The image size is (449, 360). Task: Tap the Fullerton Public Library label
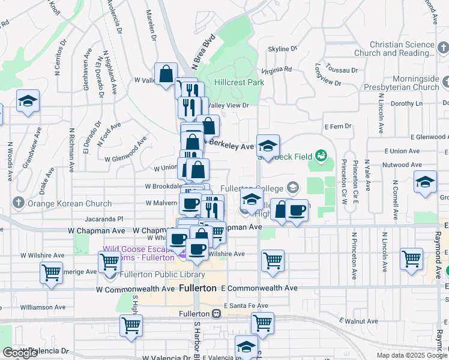[162, 275]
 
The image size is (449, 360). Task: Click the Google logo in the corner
[20, 353]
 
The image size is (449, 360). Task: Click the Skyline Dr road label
[279, 49]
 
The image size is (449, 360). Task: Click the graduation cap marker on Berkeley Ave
[268, 145]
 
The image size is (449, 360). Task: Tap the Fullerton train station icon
[216, 314]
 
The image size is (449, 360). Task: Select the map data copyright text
[412, 355]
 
